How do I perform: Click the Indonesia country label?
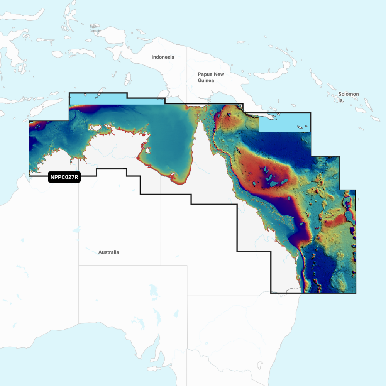click(163, 57)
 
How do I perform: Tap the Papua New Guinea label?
click(211, 77)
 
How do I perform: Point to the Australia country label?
click(108, 252)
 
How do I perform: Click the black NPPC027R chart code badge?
click(64, 178)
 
